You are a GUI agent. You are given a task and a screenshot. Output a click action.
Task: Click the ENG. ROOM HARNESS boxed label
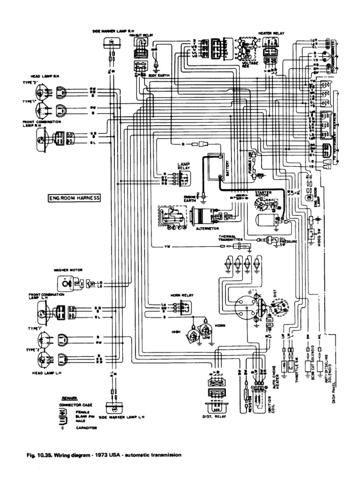click(74, 198)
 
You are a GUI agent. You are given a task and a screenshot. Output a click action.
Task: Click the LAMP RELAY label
click(182, 166)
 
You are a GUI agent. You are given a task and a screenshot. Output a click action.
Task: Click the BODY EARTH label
click(159, 75)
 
